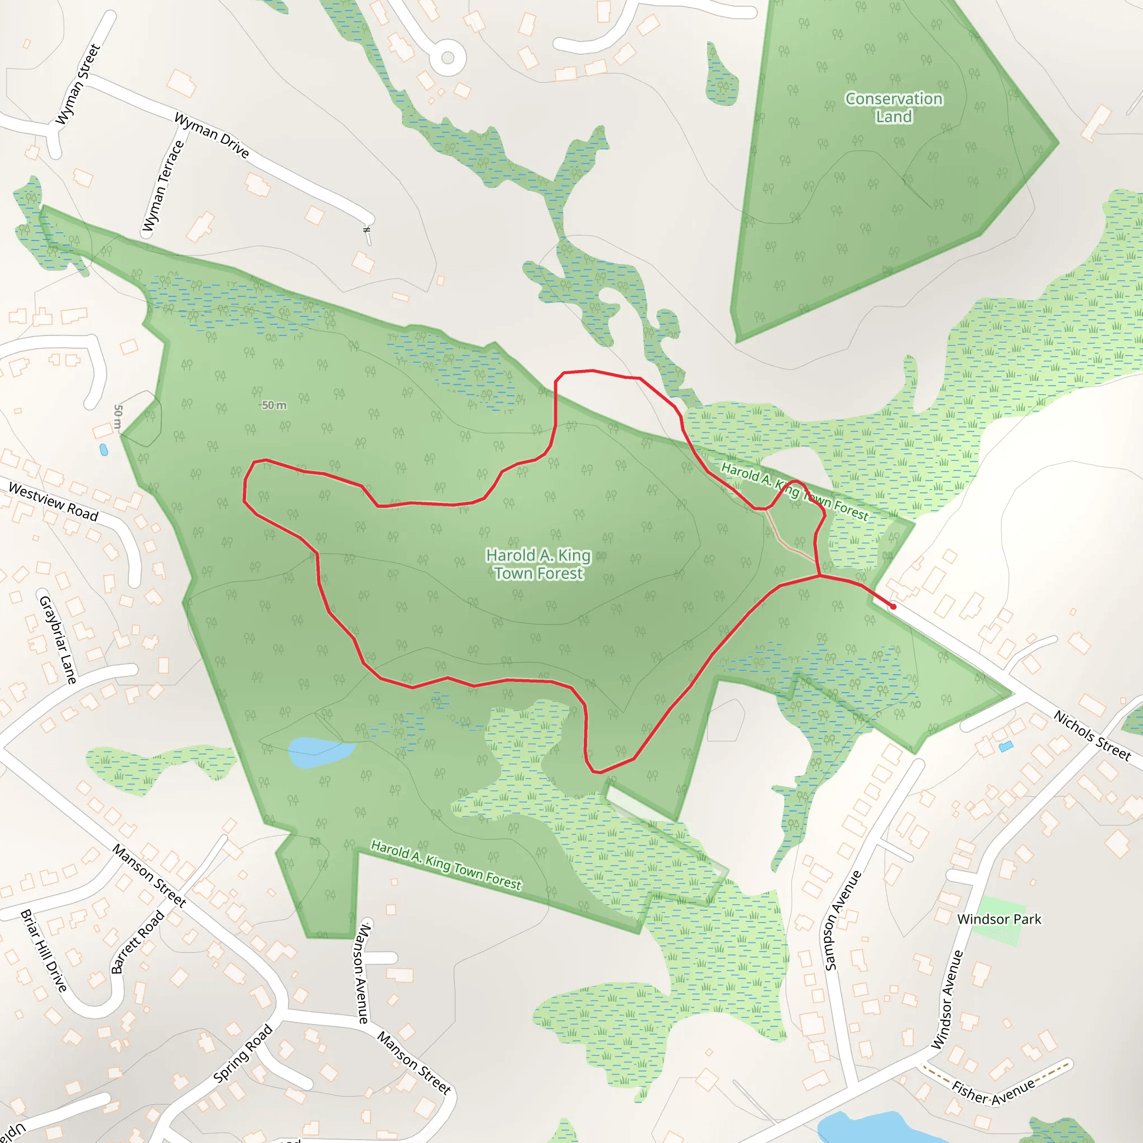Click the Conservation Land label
[894, 108]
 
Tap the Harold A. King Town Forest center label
[539, 564]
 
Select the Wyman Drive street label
[211, 136]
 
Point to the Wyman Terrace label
[164, 186]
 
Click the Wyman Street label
[78, 85]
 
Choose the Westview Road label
[53, 502]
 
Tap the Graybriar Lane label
[57, 640]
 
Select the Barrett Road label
[137, 942]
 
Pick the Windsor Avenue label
[948, 999]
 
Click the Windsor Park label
[999, 919]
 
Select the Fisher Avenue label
[994, 1092]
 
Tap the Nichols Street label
[1092, 736]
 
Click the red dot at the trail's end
[893, 607]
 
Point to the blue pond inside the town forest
[320, 752]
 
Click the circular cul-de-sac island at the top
[448, 58]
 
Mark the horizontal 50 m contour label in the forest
[274, 405]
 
